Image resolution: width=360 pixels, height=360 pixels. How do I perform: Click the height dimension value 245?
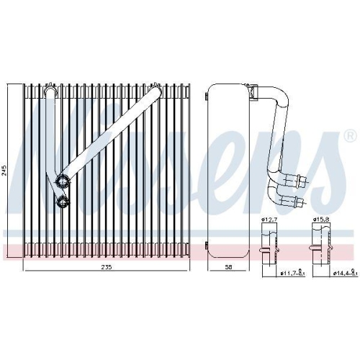pyautogui.click(x=6, y=171)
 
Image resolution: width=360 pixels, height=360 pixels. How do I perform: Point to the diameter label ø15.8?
pyautogui.click(x=320, y=218)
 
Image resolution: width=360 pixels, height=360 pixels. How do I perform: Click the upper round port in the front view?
pyautogui.click(x=63, y=181)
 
